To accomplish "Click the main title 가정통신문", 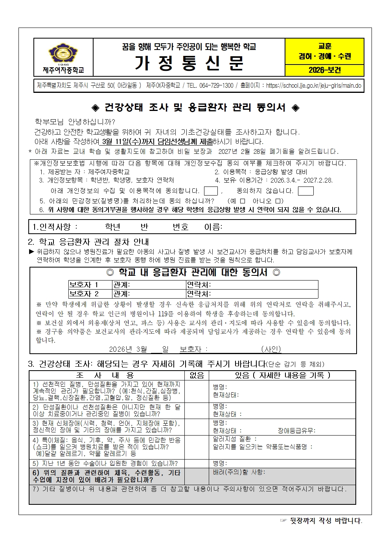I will (x=189, y=63).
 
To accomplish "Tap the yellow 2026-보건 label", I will (x=324, y=70).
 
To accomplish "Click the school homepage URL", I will (x=313, y=86).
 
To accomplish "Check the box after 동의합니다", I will (x=211, y=191).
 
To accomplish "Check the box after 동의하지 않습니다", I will (x=305, y=191).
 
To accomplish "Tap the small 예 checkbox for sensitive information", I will (x=243, y=201).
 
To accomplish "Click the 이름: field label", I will (x=213, y=227).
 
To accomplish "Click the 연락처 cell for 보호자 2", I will (x=252, y=294).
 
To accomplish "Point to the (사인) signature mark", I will (x=271, y=349).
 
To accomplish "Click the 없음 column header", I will (x=197, y=375).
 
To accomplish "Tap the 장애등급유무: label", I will (x=296, y=431).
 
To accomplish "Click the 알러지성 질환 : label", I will (x=235, y=439).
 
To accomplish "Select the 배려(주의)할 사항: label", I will (x=239, y=472).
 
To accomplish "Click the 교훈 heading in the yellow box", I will (x=325, y=46).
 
